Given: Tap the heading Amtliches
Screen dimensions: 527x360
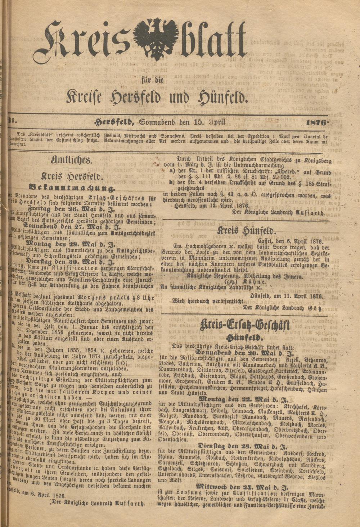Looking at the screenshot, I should [72, 160].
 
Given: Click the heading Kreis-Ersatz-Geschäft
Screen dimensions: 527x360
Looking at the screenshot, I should [244, 326].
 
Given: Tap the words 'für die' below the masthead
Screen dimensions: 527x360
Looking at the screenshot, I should [157, 80].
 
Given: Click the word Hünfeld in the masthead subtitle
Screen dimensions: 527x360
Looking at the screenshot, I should [221, 97].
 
